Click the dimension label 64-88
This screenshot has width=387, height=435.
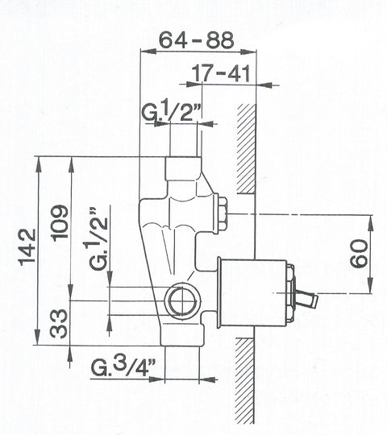coord(197,40)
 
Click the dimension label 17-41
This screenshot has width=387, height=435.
coord(221,73)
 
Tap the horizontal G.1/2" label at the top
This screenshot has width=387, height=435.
coord(171,113)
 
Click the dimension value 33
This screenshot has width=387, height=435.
coord(59,324)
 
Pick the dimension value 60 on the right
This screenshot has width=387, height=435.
coord(359,254)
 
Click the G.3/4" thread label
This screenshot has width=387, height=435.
coord(123,367)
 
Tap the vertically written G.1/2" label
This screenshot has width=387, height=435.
coord(98,238)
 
